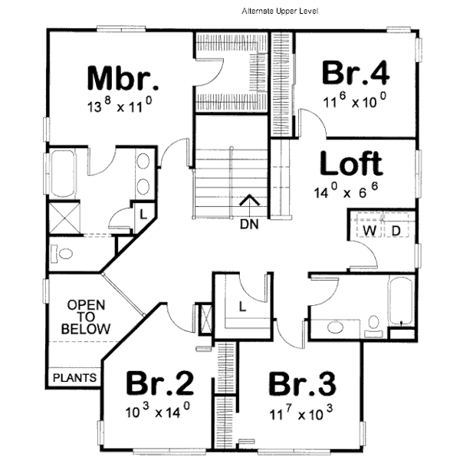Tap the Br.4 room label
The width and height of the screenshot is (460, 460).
(356, 74)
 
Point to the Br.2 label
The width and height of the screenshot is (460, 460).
(159, 383)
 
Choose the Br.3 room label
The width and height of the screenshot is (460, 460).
(303, 383)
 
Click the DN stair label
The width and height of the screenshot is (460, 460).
(248, 225)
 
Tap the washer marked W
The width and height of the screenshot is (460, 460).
(370, 230)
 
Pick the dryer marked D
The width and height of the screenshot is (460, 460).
(396, 230)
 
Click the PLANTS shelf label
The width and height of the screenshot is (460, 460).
(74, 377)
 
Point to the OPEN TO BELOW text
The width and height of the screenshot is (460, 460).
(87, 317)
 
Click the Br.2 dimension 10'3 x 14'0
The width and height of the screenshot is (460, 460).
(157, 412)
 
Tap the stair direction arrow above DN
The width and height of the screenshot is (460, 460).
(248, 202)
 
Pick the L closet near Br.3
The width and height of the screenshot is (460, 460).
(242, 306)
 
